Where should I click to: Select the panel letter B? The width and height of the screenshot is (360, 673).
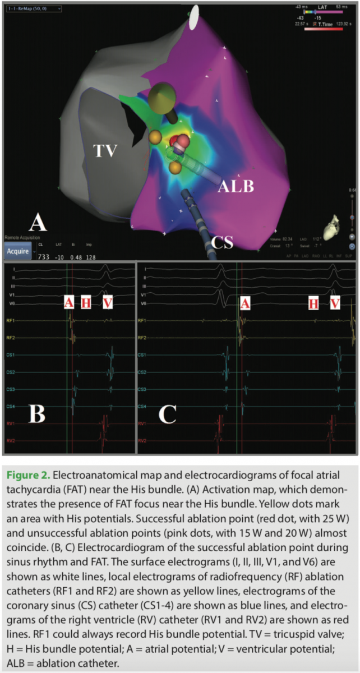coord(38,413)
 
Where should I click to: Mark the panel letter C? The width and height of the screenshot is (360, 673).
coord(168,413)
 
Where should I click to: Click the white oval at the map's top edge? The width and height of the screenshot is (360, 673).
coord(193,19)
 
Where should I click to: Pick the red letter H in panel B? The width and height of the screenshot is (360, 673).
coord(85,303)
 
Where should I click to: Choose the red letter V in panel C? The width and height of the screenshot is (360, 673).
coord(335,303)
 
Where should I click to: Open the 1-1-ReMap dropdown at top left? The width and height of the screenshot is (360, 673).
coord(33,9)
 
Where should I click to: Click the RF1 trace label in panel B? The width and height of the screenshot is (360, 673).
coord(11,321)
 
